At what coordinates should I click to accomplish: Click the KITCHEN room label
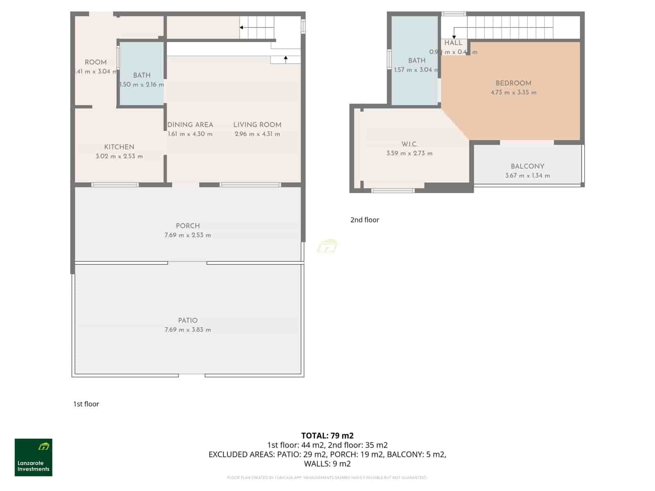click(119, 147)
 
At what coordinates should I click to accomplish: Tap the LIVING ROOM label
click(257, 125)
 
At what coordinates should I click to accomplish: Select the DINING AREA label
click(190, 125)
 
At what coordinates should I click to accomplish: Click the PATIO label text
click(187, 320)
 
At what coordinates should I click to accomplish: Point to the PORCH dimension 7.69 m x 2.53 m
click(187, 235)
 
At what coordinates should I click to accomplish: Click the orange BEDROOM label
click(513, 83)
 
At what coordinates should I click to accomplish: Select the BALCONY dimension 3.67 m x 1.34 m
click(527, 176)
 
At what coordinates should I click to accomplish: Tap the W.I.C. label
click(409, 144)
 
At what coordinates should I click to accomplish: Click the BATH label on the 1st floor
click(142, 75)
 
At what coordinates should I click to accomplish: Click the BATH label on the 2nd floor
click(417, 61)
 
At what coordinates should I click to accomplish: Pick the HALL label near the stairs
click(453, 43)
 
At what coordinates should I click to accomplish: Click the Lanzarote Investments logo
click(34, 457)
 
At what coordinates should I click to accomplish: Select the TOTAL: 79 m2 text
click(327, 435)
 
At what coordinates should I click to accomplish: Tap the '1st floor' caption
click(86, 404)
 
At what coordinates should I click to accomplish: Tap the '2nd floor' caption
click(364, 220)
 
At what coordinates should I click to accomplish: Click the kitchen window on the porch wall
click(115, 185)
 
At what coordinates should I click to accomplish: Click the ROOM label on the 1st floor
click(95, 62)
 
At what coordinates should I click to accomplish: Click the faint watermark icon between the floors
click(327, 246)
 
